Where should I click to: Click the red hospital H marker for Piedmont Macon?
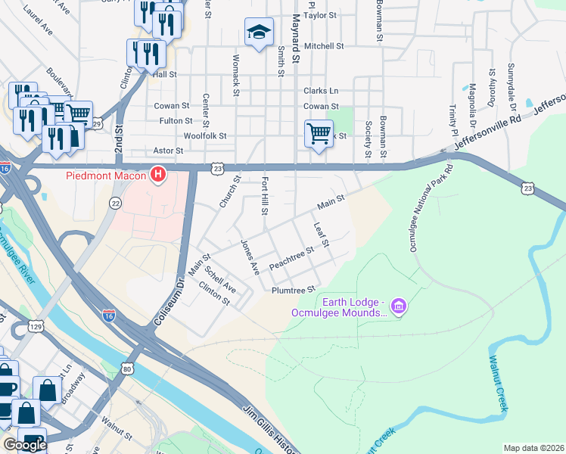pos(158,176)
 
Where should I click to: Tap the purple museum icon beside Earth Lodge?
pos(400,306)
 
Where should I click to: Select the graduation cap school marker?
pos(259,32)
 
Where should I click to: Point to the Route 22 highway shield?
pos(115,203)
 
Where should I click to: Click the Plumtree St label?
pos(293,291)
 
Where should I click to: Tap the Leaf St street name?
pos(320,234)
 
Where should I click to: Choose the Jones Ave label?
pos(250,257)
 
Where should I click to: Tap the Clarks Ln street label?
pos(321,91)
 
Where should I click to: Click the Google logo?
pos(25,445)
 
